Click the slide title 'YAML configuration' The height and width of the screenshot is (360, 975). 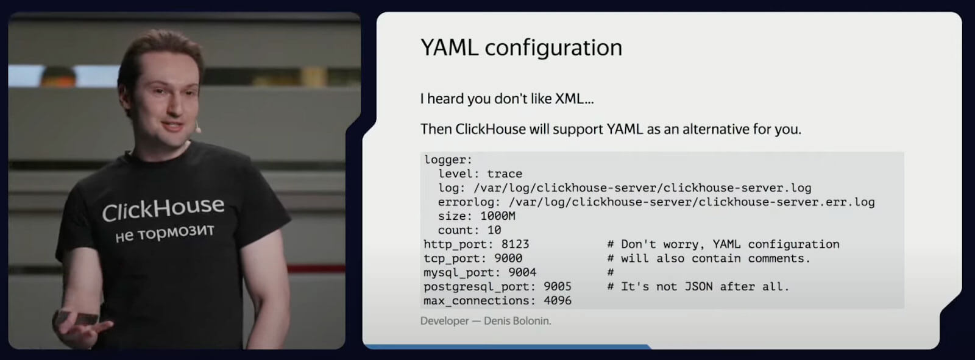pos(521,48)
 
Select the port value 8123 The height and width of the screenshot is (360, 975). pos(515,244)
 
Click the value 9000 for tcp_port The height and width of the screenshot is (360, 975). pos(508,258)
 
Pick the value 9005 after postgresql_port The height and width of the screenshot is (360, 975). pos(557,286)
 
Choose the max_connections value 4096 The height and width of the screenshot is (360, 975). pos(557,300)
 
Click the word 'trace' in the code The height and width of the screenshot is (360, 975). pos(504,174)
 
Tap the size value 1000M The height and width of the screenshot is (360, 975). pos(497,216)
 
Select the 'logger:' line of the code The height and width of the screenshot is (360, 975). pos(448,160)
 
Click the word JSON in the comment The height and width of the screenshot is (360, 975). pos(698,286)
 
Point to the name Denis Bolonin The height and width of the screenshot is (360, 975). pos(517,321)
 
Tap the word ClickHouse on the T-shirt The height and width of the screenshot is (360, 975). pos(163,209)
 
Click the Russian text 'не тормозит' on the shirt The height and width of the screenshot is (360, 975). pos(165,233)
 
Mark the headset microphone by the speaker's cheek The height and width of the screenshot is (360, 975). pos(197,129)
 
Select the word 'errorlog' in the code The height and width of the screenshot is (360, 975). pos(466,202)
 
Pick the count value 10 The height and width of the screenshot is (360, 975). pos(494,230)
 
